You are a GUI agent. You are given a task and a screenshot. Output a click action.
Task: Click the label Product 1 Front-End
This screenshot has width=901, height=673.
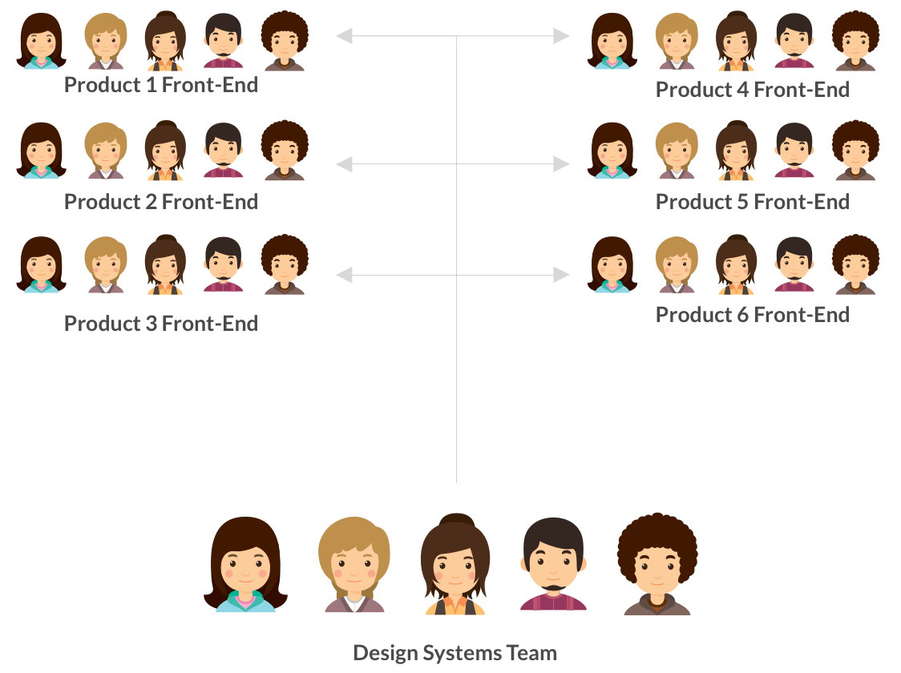tap(161, 85)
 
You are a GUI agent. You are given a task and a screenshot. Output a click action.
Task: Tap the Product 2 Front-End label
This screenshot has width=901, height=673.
tap(161, 202)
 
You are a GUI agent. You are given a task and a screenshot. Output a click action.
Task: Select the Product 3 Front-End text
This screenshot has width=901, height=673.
tap(161, 324)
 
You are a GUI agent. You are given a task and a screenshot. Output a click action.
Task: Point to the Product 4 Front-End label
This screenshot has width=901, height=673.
tap(753, 90)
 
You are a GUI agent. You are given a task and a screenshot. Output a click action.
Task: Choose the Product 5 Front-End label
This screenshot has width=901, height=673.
tap(753, 202)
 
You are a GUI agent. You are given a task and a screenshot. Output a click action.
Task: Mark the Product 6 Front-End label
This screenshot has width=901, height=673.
tap(753, 315)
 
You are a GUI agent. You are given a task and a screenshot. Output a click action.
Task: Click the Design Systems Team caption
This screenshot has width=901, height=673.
tap(455, 652)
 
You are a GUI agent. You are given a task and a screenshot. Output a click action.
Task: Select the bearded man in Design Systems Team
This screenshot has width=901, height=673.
tap(553, 565)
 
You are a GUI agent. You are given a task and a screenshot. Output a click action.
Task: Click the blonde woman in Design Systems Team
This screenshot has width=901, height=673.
tap(354, 565)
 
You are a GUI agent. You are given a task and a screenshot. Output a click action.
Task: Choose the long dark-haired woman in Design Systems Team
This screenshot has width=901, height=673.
tap(245, 565)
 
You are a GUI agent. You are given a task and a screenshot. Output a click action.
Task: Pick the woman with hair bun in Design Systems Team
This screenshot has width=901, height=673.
tap(455, 565)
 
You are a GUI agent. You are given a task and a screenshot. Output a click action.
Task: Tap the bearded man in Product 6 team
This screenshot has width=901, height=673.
tap(794, 264)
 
